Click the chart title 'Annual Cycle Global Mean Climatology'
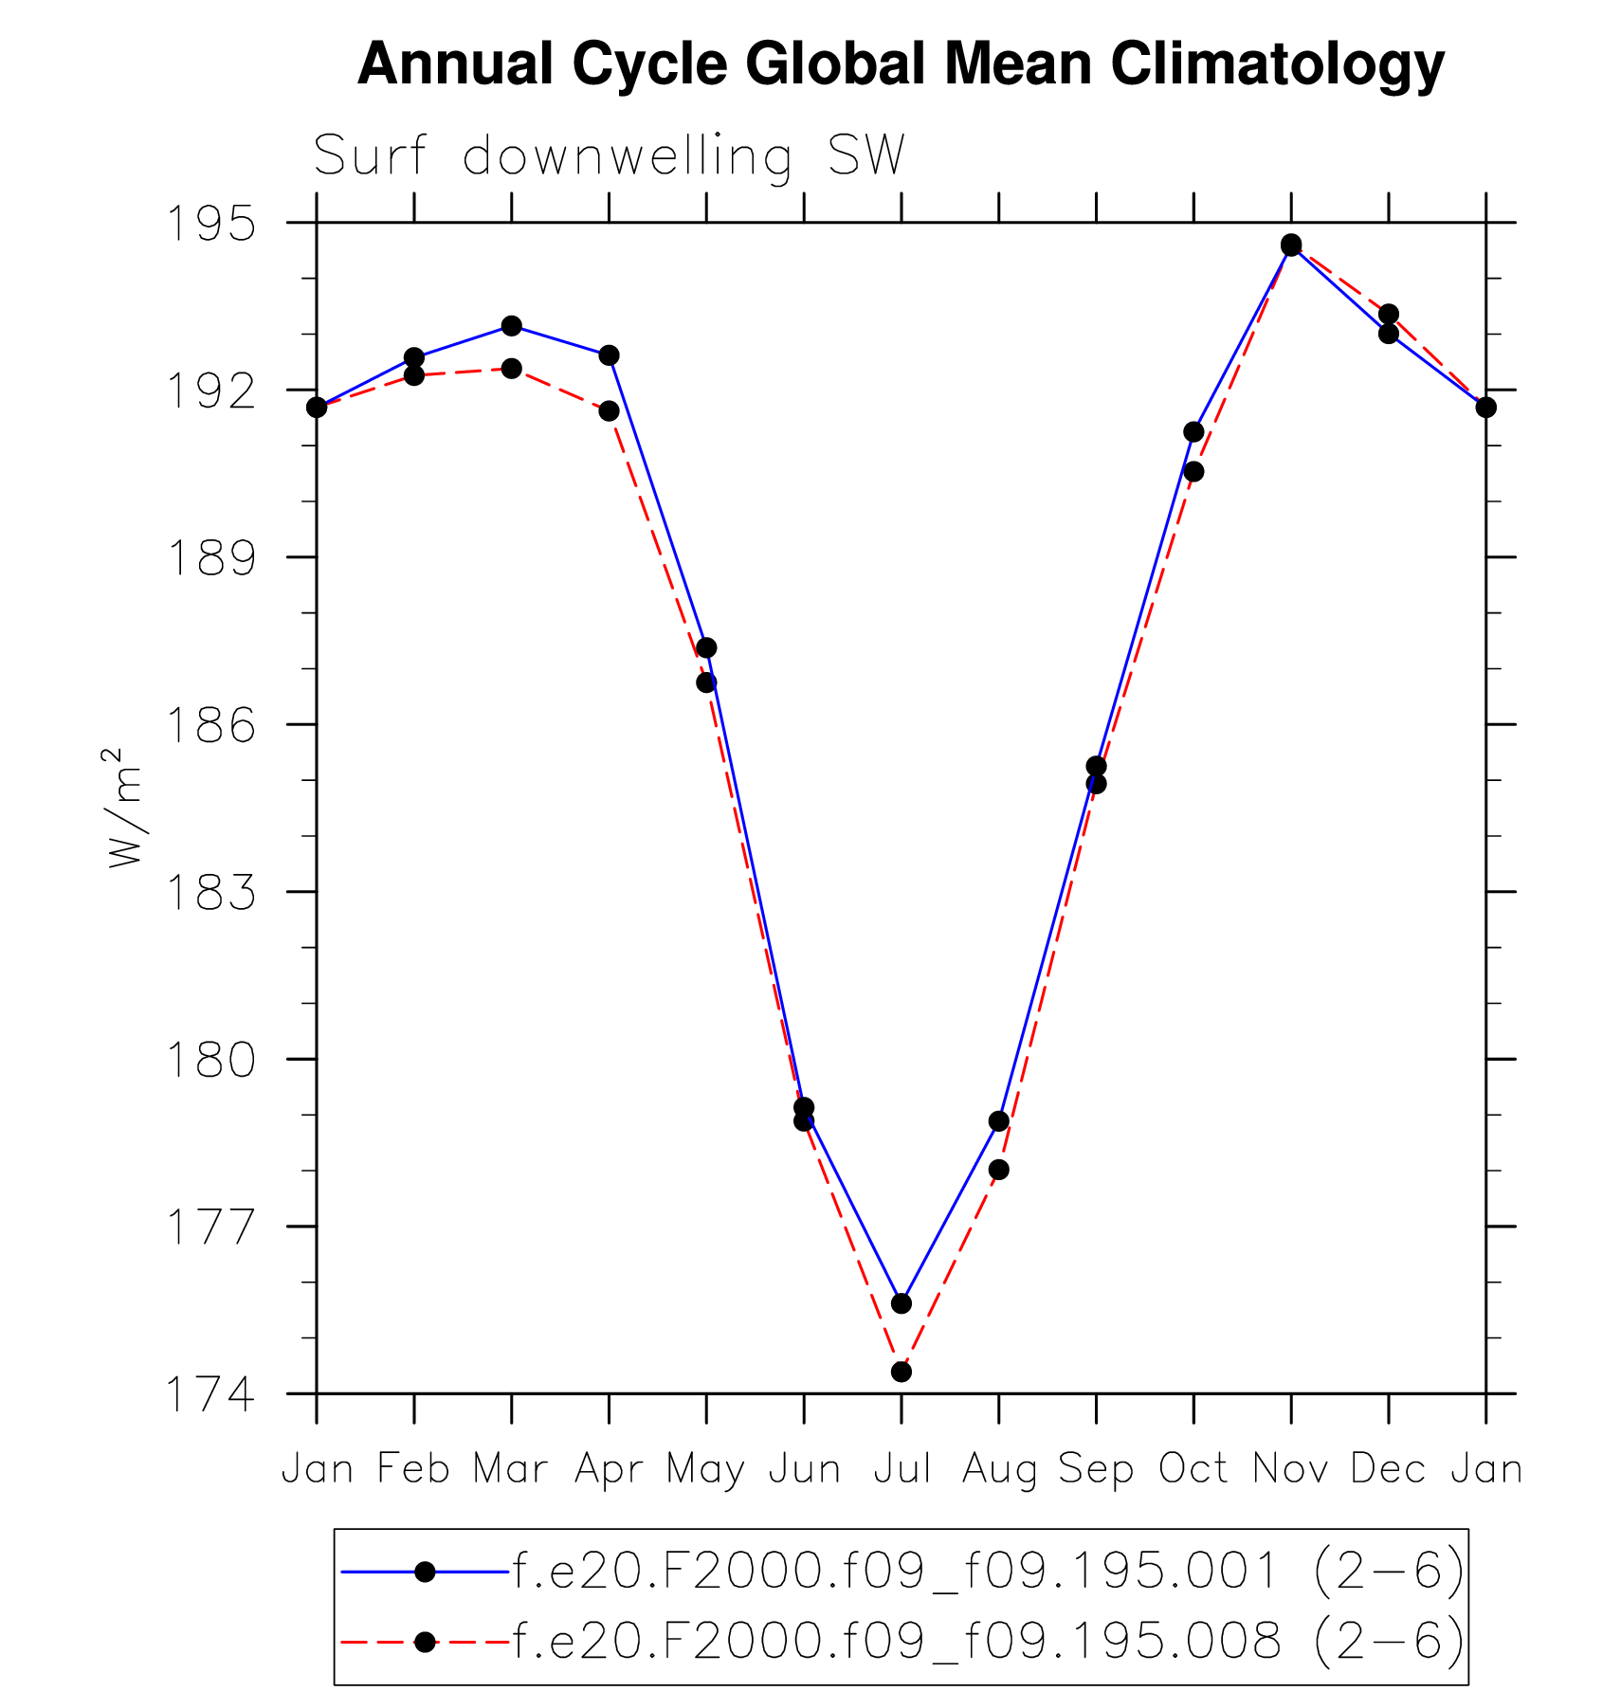[x=901, y=64]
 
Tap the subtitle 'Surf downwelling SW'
[x=609, y=156]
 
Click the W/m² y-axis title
[x=124, y=808]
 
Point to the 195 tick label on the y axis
[x=211, y=225]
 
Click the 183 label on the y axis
[x=211, y=893]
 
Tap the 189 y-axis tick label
[x=211, y=558]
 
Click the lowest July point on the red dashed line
[x=902, y=1372]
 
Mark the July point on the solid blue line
[x=902, y=1303]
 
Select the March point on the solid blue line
[x=512, y=326]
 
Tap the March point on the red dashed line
[x=512, y=368]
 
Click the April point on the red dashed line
[x=609, y=410]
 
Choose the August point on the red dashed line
[x=998, y=1170]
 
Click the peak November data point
[x=1291, y=245]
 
